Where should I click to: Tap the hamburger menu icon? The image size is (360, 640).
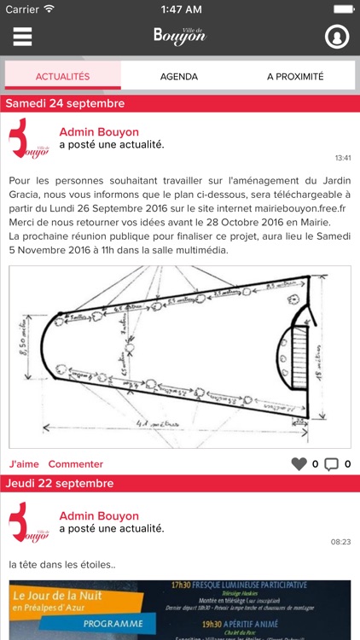click(22, 37)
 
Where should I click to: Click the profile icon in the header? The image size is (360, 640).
click(338, 38)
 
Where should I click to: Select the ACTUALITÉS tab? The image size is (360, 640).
click(62, 76)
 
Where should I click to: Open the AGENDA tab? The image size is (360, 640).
click(179, 76)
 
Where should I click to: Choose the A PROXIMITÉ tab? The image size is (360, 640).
click(295, 76)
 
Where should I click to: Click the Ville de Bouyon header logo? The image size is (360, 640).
click(180, 35)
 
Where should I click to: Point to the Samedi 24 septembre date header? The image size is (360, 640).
click(67, 103)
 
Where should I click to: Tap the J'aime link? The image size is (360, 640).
click(24, 464)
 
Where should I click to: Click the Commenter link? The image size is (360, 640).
click(75, 464)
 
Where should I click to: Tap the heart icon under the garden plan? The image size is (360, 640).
click(299, 464)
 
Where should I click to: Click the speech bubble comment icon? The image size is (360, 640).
click(331, 464)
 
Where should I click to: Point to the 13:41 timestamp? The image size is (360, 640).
click(342, 158)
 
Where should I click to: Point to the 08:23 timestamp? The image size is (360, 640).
click(341, 542)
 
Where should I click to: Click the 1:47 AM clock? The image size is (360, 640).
click(179, 9)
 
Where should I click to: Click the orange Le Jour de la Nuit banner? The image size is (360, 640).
click(77, 607)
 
